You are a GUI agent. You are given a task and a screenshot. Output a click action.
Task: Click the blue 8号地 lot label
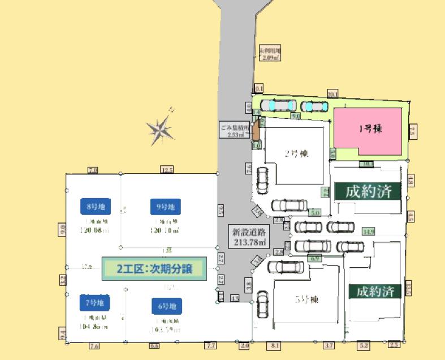click(96, 207)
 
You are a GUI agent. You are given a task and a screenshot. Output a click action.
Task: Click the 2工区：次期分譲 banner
click(154, 269)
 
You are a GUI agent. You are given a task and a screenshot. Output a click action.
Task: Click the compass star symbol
click(161, 130)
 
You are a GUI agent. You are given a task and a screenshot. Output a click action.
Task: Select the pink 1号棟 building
click(370, 130)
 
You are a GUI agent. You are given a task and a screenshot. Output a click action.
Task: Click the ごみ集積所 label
click(234, 131)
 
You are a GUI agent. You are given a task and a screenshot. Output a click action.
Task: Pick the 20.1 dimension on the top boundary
click(332, 93)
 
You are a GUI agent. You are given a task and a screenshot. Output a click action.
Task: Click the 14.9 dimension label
click(369, 231)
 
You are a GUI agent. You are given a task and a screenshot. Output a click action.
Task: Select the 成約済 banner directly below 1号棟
click(368, 191)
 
